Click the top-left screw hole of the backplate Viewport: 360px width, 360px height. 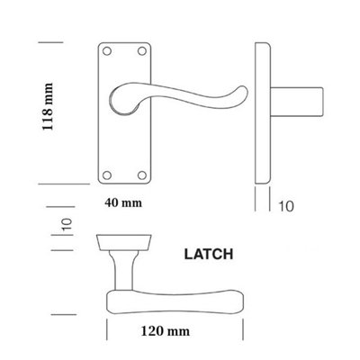point(103,51)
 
